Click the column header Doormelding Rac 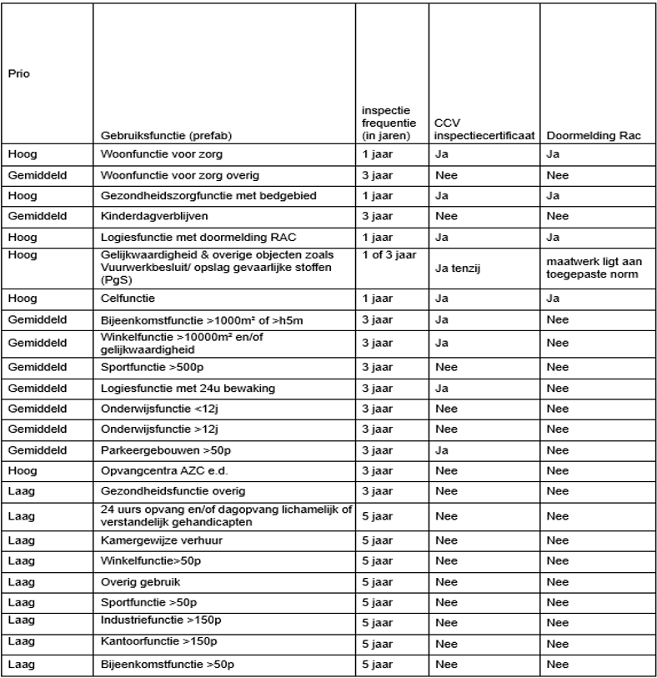586,136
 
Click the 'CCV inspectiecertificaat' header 472,129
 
